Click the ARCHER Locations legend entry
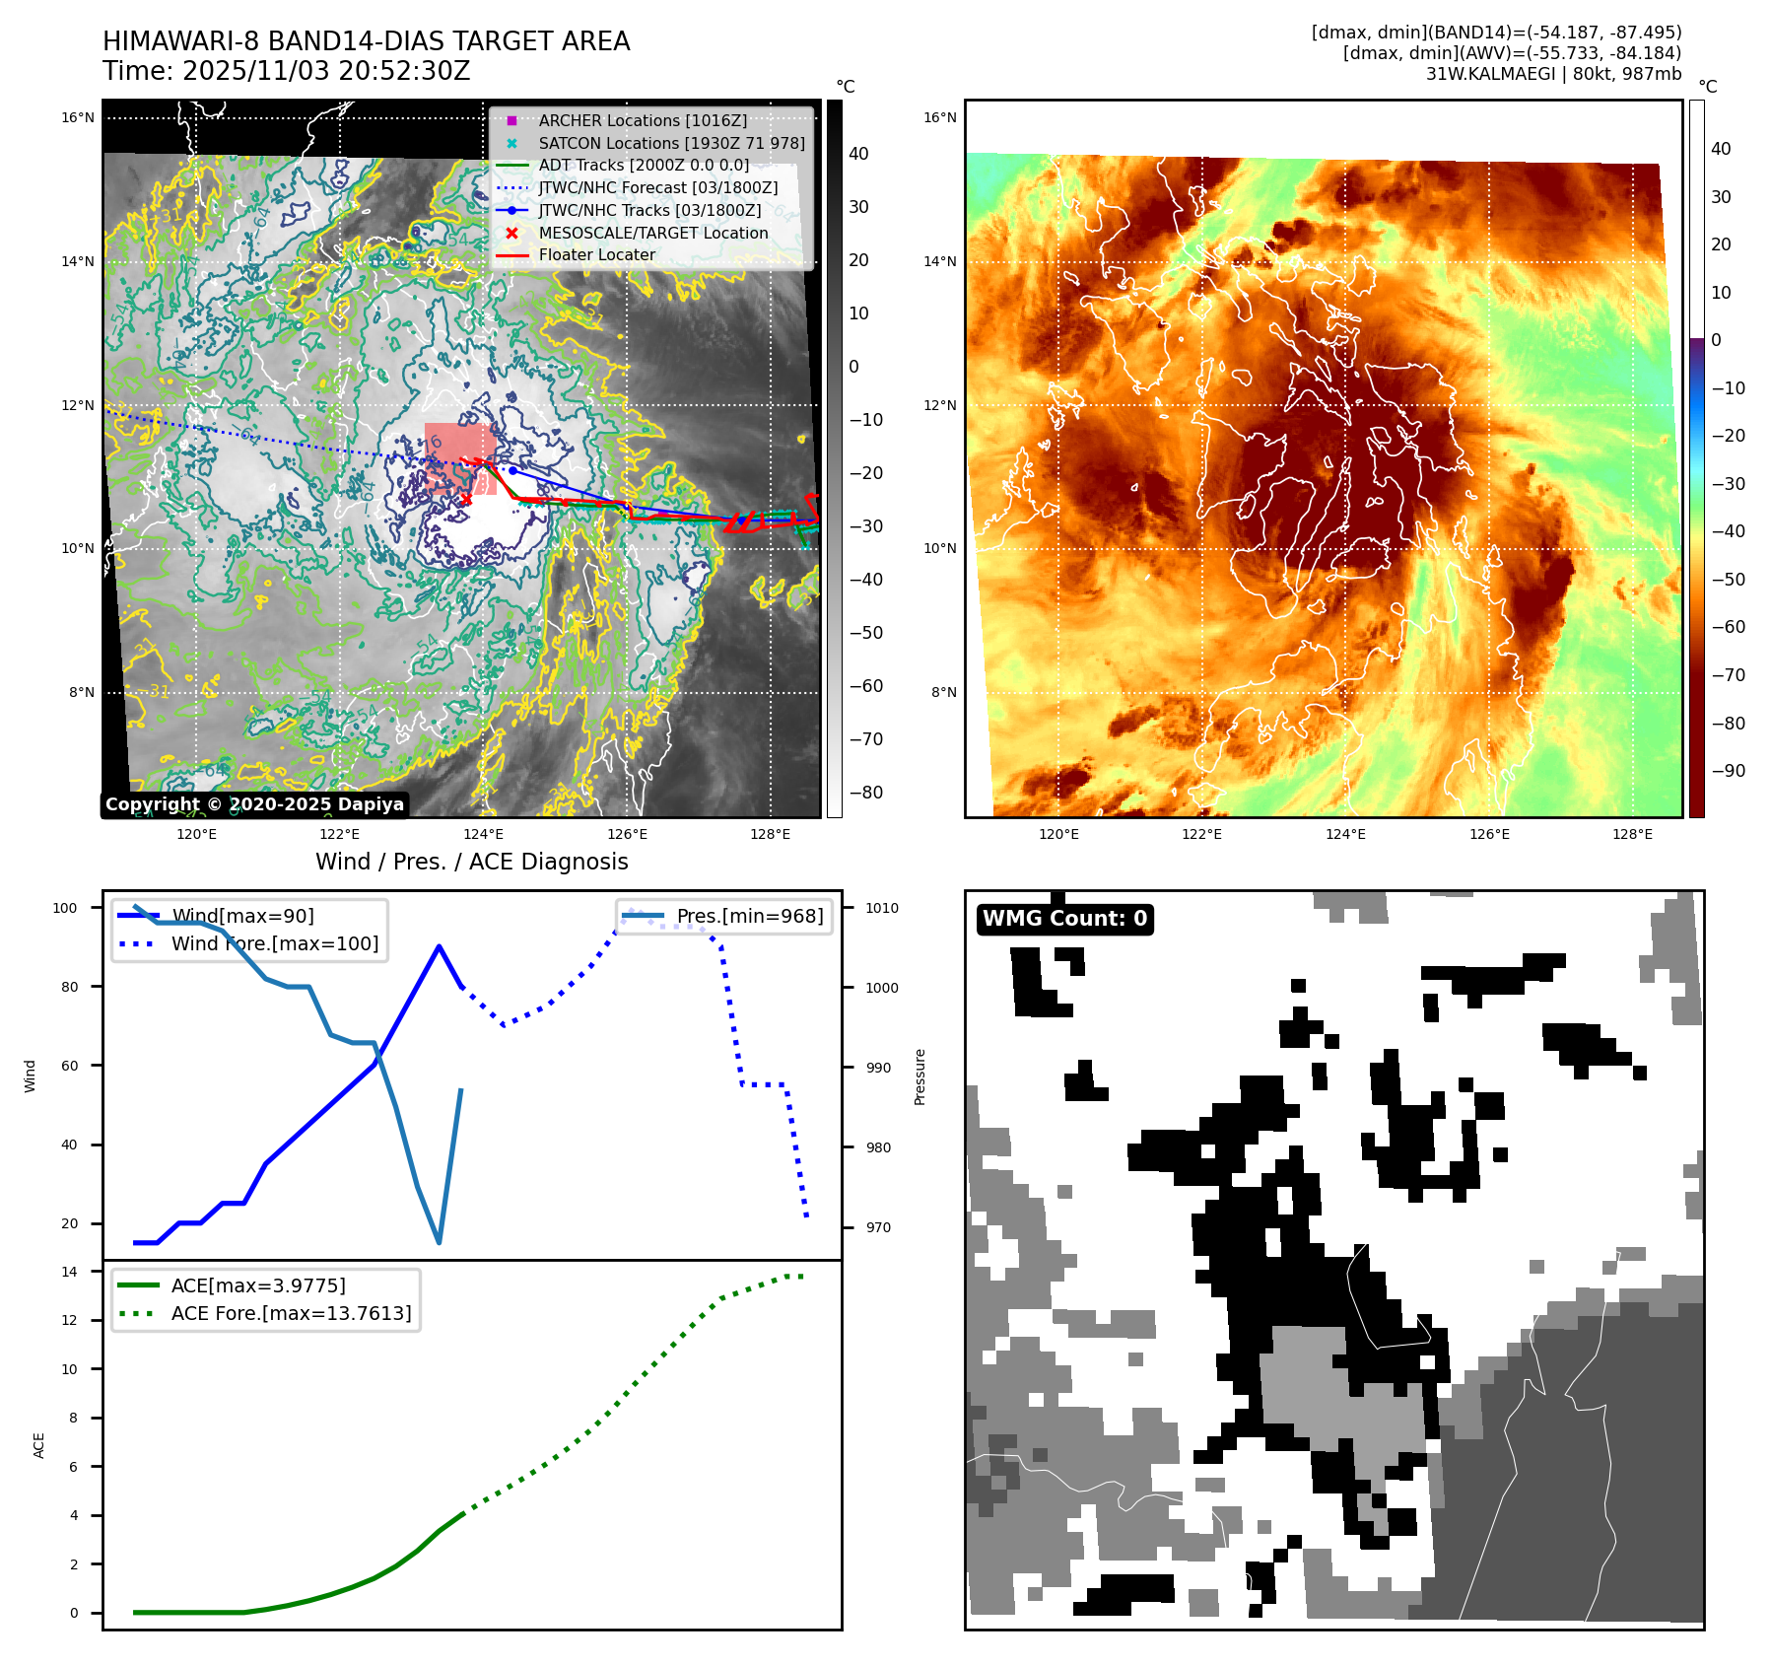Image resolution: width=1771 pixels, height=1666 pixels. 642,120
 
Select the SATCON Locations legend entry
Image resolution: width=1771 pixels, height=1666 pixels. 671,143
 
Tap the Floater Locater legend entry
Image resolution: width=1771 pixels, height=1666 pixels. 596,254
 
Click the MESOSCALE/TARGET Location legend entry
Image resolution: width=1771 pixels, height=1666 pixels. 652,233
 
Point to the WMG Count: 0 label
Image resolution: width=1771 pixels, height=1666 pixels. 1064,919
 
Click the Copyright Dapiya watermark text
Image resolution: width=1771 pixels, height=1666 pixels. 254,804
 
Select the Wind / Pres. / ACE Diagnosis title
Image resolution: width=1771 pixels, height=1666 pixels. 471,862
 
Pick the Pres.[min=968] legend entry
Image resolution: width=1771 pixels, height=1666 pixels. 749,916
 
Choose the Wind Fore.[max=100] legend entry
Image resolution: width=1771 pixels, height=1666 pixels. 274,943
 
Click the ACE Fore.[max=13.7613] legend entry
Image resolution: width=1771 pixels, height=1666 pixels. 291,1313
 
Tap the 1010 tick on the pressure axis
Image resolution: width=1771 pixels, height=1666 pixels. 882,908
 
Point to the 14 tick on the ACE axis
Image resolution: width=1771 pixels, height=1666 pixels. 69,1272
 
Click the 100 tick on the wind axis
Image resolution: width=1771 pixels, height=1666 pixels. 65,908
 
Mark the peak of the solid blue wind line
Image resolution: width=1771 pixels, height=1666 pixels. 439,946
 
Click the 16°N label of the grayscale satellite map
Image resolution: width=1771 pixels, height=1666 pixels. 78,118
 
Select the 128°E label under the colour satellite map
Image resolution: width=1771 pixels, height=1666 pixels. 1632,834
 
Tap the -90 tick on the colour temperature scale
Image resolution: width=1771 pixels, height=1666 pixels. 1728,771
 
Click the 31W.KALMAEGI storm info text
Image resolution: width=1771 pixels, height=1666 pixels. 1553,74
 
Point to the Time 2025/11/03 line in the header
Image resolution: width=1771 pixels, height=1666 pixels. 286,71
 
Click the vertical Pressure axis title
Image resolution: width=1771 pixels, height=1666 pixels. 920,1076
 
